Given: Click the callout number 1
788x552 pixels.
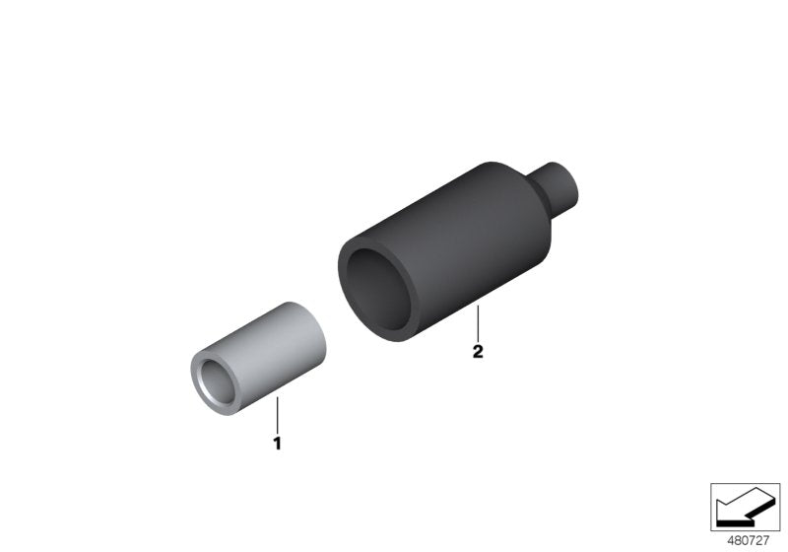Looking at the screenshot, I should click(x=277, y=445).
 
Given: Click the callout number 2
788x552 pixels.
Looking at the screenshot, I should click(x=478, y=352).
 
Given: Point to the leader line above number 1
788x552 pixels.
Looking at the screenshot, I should click(x=277, y=414).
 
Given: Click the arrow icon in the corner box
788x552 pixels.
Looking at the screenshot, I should click(x=745, y=507).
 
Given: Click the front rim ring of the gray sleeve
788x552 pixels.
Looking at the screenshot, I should click(x=196, y=384).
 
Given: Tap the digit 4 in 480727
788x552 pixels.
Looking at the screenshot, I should click(x=730, y=540).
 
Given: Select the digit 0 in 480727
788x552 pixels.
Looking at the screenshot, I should click(x=746, y=540).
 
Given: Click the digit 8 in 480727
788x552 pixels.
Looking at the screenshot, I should click(x=738, y=540).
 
